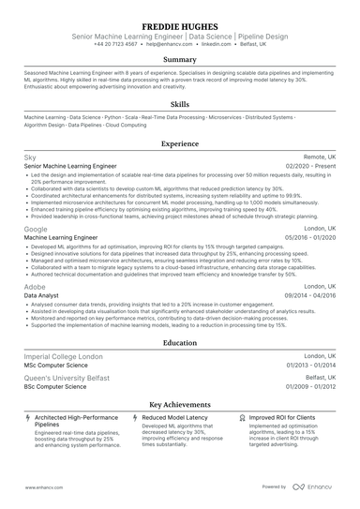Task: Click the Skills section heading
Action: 179,104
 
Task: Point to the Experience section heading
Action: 179,143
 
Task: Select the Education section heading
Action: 179,343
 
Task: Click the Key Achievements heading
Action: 179,403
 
